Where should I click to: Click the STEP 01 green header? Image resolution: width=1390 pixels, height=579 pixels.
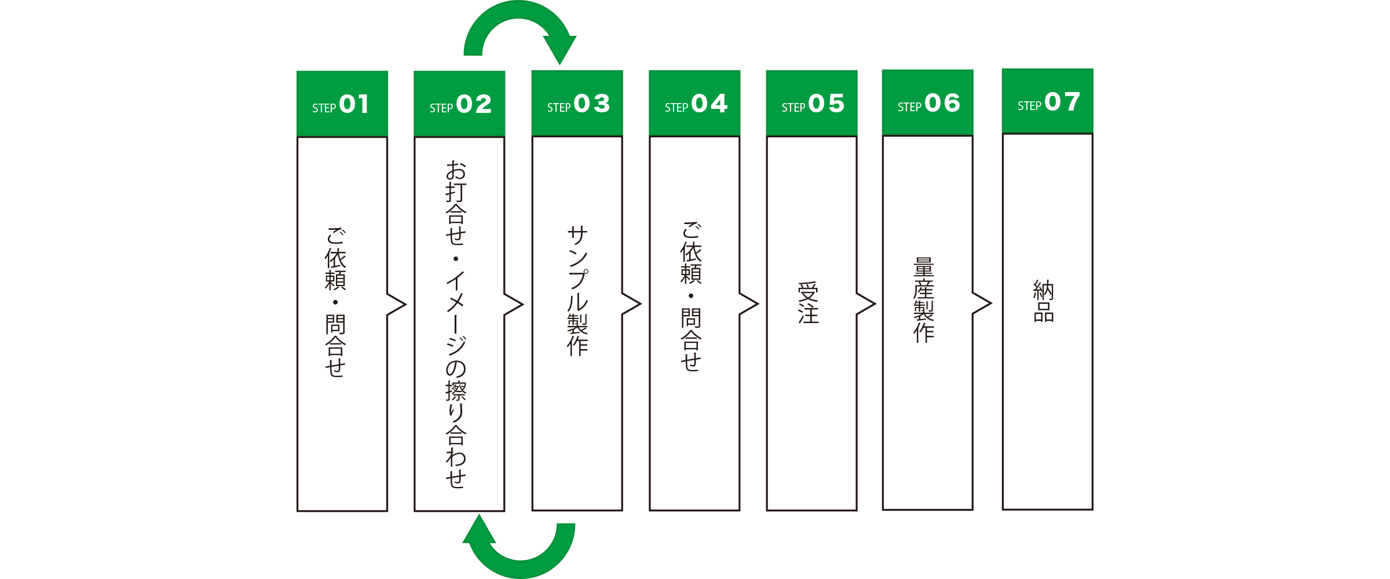[342, 104]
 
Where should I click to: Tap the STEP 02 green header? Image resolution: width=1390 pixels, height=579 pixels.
[459, 104]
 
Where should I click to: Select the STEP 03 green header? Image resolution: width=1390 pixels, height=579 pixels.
[577, 104]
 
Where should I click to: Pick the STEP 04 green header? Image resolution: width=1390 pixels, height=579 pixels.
[694, 104]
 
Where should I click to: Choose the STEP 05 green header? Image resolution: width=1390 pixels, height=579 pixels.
[811, 104]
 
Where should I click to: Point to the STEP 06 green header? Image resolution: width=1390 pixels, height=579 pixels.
[927, 103]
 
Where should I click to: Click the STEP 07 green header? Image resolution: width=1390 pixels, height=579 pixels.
[1047, 102]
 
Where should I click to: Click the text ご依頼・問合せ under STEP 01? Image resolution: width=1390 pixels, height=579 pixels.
[335, 302]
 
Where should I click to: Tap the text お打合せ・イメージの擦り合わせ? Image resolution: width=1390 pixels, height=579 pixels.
[456, 324]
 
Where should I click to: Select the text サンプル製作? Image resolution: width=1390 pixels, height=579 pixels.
[577, 291]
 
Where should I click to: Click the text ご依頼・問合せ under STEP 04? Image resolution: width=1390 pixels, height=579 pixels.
[691, 296]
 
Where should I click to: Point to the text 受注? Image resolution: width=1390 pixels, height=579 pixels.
[808, 303]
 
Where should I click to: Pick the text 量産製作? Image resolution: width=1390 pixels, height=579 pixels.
[924, 300]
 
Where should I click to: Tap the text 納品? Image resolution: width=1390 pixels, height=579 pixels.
[1044, 301]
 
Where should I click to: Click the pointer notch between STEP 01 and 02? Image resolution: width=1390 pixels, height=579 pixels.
[397, 305]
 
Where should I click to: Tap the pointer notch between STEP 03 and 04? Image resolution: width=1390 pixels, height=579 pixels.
[631, 304]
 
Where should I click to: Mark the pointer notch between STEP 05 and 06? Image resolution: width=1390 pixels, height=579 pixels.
[866, 304]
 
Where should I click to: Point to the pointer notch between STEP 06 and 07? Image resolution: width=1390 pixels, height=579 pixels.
[982, 303]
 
